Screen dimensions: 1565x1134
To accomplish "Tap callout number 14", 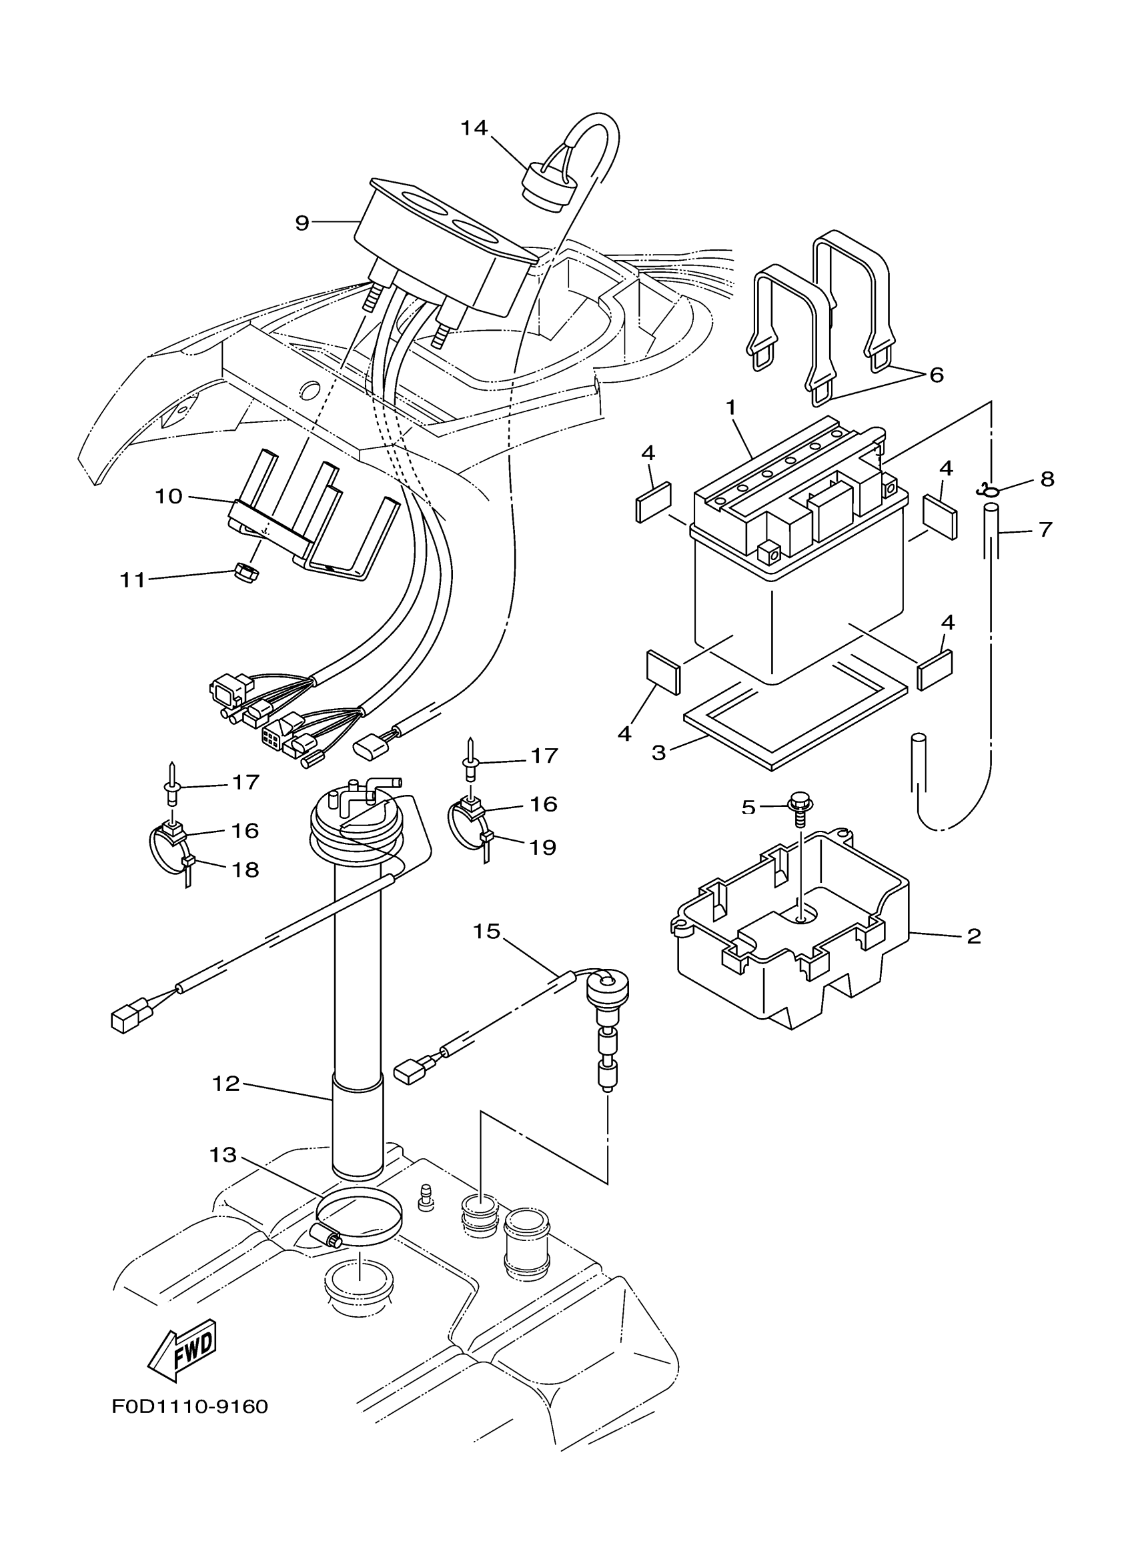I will coord(474,127).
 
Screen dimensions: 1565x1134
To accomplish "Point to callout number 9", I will coord(302,223).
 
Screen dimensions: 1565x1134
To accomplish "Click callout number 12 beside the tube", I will coord(225,1084).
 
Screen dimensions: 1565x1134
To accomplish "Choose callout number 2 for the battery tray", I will coord(973,936).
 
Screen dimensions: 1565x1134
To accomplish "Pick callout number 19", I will coord(542,848).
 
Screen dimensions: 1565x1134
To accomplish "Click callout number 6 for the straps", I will coord(936,375).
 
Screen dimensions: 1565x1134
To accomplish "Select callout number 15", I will coord(486,932).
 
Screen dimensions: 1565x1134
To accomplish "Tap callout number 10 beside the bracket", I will coord(168,496).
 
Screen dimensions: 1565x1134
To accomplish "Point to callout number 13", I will coord(223,1154).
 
